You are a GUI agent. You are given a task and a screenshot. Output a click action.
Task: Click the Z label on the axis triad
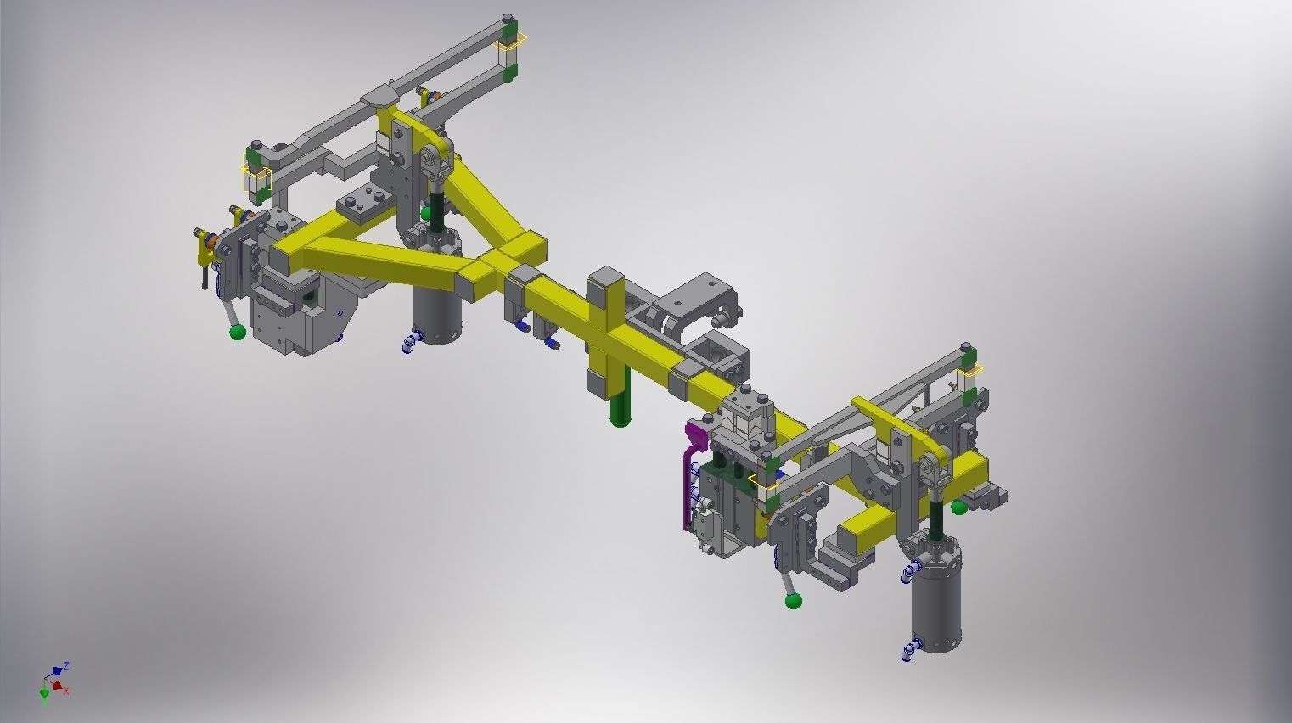point(66,665)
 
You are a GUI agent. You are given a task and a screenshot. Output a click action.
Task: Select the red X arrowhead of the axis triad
point(58,684)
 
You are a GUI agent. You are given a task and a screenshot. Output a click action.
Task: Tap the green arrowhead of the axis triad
point(44,695)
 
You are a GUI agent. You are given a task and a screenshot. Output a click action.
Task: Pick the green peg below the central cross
point(621,408)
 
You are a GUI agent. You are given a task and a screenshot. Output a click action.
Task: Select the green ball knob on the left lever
point(237,332)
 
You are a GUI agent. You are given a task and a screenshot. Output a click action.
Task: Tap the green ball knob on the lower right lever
point(794,602)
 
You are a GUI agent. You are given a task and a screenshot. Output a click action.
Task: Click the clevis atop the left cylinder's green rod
point(432,162)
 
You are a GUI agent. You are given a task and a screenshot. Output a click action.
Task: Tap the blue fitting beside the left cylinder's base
point(411,342)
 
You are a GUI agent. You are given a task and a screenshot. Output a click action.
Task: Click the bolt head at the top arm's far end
point(507,18)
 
